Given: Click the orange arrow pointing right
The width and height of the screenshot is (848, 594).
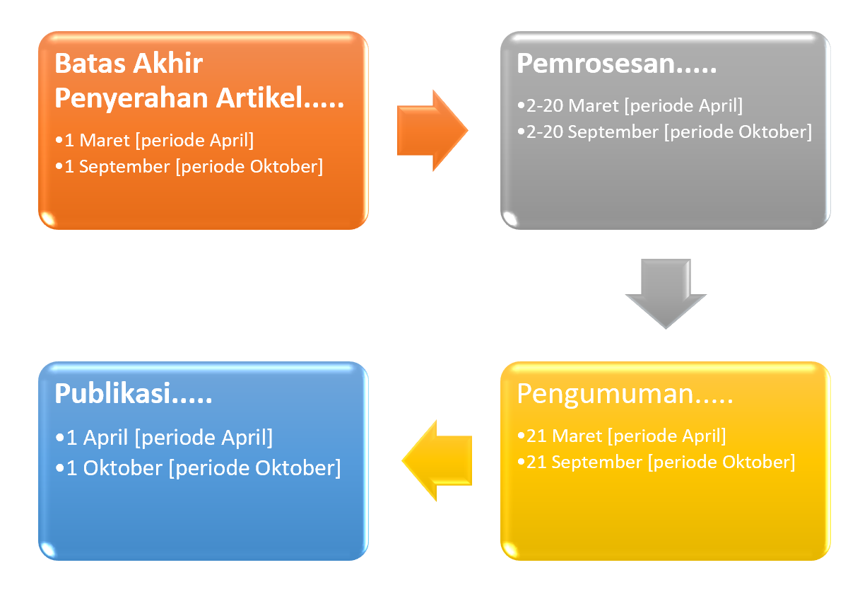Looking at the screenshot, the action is tap(432, 131).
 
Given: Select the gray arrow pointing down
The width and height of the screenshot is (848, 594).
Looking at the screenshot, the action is tap(666, 294).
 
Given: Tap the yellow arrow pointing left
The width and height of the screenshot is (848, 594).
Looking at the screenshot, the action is tap(437, 460).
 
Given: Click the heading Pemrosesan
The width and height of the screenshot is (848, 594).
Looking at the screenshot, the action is tap(617, 63).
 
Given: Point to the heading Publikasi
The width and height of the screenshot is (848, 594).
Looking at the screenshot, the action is tap(134, 395).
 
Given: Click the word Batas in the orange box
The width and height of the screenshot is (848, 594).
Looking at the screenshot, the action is tap(90, 63).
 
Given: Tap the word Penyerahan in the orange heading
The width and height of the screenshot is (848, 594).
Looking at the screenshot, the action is tap(131, 98).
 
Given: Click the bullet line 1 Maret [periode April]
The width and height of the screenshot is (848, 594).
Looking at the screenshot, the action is tap(155, 141).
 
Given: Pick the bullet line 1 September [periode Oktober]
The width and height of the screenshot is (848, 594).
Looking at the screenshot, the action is tap(189, 167).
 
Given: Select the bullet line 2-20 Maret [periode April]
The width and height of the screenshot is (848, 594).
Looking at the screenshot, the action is tap(630, 105).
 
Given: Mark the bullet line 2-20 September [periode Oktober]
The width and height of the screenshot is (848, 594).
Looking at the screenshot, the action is tap(665, 132).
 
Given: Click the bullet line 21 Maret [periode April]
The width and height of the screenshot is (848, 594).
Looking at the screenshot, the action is tap(622, 436).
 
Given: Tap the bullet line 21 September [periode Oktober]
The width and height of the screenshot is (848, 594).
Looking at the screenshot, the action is tap(656, 462).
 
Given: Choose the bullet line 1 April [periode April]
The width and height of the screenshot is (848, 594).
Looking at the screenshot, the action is tap(164, 438).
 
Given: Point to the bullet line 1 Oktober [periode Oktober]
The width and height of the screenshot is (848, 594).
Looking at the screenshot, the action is tap(198, 468).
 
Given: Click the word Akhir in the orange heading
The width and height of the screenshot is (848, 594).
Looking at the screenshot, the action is tap(168, 63).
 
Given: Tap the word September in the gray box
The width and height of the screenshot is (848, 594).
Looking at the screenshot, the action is tap(613, 132).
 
